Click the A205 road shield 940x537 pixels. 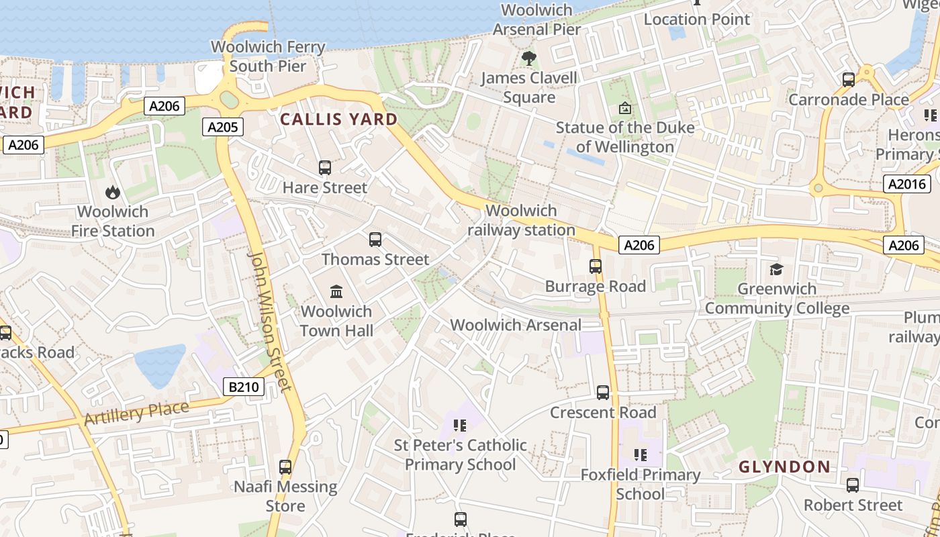tap(222, 127)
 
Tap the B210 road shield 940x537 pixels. tap(243, 387)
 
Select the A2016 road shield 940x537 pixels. tap(907, 184)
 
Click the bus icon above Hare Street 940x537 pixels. tap(325, 167)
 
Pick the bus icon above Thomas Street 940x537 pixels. tap(375, 239)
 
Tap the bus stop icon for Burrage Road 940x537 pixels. tap(596, 266)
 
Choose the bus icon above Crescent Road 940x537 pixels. tap(603, 392)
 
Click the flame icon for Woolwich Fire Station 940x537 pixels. tap(112, 192)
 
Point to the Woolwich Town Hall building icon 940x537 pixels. tap(336, 291)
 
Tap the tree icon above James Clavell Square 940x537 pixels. tap(529, 58)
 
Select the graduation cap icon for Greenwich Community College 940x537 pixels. tap(777, 269)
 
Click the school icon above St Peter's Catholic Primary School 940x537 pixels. tap(460, 425)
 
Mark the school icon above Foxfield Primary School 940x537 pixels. tap(641, 455)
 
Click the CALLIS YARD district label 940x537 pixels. tap(338, 119)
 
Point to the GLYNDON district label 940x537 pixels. tap(784, 466)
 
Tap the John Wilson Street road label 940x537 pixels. tap(270, 321)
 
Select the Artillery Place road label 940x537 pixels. tap(136, 412)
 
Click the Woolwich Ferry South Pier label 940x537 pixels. tap(268, 56)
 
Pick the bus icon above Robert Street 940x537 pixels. tap(853, 485)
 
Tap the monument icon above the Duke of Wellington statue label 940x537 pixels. tap(625, 107)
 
